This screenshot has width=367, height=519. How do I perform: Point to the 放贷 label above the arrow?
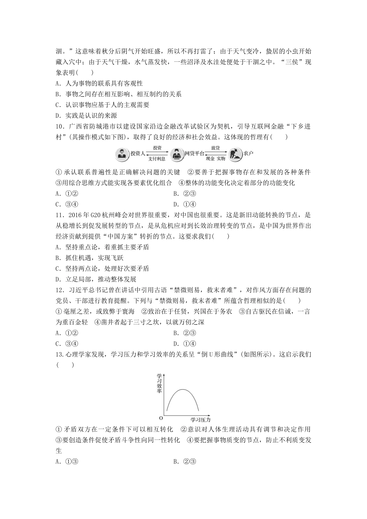coord(216,148)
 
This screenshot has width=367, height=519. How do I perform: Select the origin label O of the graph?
coord(161,418)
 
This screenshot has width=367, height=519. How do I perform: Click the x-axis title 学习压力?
coord(201,419)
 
